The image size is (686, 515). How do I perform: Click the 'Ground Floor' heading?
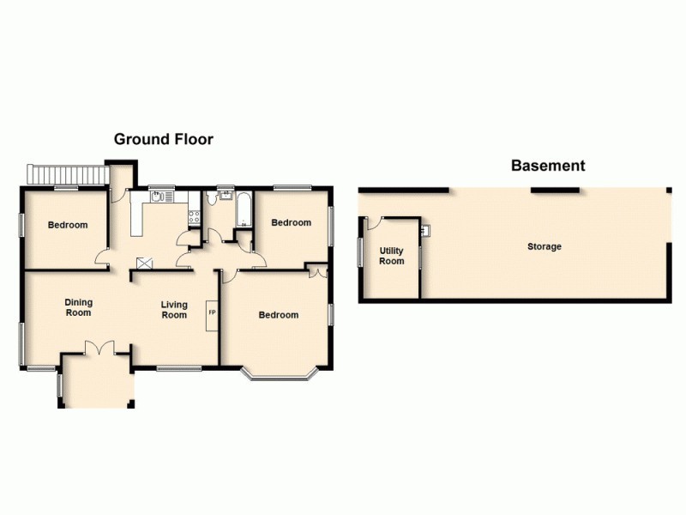[164, 139]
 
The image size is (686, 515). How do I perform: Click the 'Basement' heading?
[548, 166]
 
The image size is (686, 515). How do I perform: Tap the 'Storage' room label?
[545, 247]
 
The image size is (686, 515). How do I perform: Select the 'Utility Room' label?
[392, 256]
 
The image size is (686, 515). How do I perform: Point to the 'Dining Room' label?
[79, 307]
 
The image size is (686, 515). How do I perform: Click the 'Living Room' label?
[174, 310]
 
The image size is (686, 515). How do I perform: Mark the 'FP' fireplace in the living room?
[212, 313]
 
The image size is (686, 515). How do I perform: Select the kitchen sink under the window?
[158, 196]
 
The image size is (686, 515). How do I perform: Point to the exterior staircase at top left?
[67, 175]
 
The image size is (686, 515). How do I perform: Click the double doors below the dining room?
[100, 347]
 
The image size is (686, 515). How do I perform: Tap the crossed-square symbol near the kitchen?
[144, 264]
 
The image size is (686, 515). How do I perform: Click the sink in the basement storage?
[424, 230]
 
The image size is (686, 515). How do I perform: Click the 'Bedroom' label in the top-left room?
[68, 226]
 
